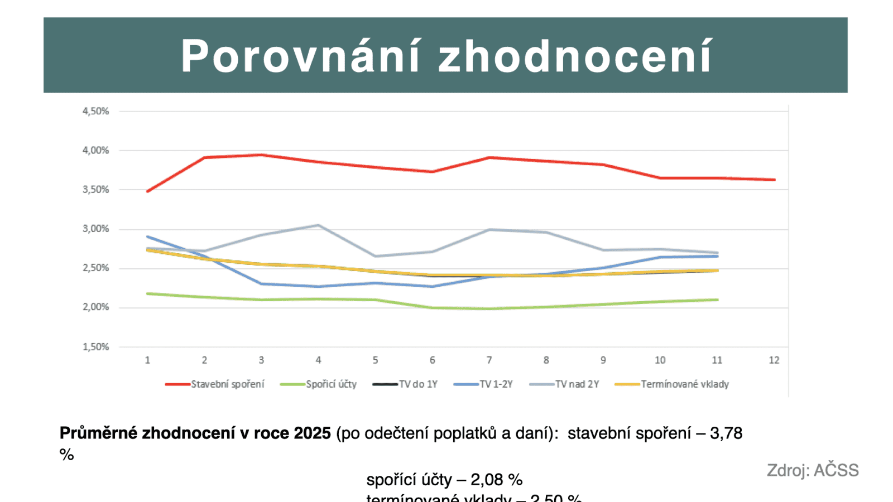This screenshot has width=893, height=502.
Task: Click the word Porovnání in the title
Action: tap(300, 56)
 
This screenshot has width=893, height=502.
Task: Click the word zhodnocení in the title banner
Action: tap(575, 56)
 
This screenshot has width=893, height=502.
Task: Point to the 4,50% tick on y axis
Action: tap(96, 111)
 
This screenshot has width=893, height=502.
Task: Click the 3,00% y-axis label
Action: tap(96, 229)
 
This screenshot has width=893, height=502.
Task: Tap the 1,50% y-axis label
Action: tap(96, 347)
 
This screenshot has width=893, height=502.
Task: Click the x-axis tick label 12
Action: tap(774, 360)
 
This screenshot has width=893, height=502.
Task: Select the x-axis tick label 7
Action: tap(489, 360)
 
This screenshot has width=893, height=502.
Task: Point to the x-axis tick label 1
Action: tap(147, 360)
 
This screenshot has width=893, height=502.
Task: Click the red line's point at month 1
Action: tap(147, 191)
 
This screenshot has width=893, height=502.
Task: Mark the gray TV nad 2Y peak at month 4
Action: tap(318, 225)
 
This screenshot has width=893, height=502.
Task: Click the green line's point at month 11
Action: tap(717, 300)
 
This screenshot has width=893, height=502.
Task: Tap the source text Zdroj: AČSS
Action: tap(813, 470)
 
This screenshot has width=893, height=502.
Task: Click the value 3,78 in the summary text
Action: tap(726, 433)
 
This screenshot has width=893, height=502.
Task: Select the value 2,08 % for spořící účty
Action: tap(497, 480)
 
